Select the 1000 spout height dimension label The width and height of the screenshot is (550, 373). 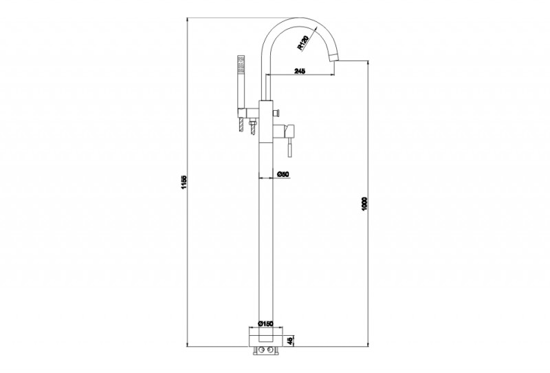(x=365, y=204)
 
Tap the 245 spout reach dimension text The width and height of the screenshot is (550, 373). (x=299, y=70)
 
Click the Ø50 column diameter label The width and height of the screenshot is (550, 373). (x=283, y=175)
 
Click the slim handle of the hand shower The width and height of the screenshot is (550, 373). (x=240, y=89)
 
